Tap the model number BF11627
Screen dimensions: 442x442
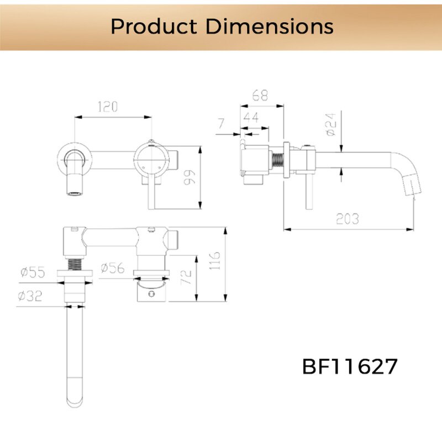[350, 366]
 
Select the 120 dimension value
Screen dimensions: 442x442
[108, 107]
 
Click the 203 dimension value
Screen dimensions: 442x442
[348, 218]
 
